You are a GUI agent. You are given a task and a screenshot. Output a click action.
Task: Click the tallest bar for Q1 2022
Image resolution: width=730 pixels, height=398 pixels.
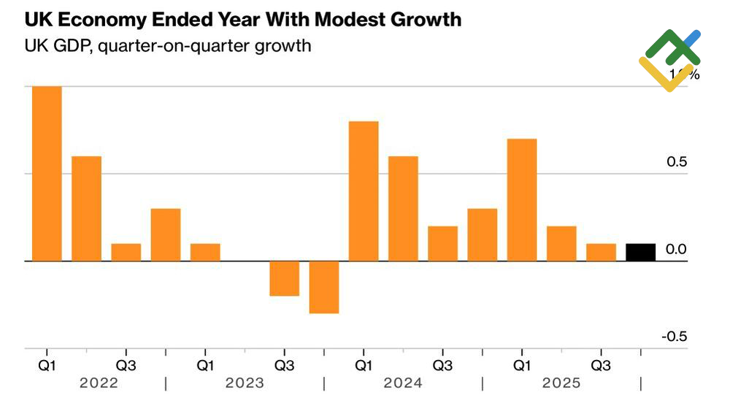[47, 174]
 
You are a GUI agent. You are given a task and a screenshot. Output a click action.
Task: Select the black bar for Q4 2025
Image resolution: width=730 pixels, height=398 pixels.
[640, 252]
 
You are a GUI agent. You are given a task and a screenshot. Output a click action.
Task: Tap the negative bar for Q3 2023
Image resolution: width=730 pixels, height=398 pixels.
[285, 278]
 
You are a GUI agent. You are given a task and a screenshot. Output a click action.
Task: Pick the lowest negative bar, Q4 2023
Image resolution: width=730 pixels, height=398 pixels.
[324, 287]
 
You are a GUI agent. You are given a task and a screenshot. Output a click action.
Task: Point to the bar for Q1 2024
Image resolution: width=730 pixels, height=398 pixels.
[364, 191]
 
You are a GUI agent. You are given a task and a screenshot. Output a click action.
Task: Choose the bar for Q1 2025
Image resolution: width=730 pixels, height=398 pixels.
[522, 200]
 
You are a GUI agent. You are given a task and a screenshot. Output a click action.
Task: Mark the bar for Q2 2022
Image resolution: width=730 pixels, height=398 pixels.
[86, 209]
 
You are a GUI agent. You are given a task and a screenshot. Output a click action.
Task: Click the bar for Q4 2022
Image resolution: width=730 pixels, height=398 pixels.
[166, 234]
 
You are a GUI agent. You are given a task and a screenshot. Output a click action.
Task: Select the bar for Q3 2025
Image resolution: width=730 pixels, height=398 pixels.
[601, 252]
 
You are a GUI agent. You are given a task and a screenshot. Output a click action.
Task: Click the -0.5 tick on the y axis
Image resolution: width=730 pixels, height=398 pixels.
[675, 337]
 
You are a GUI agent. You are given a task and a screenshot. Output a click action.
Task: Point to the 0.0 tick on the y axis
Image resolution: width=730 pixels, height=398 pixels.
[677, 250]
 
